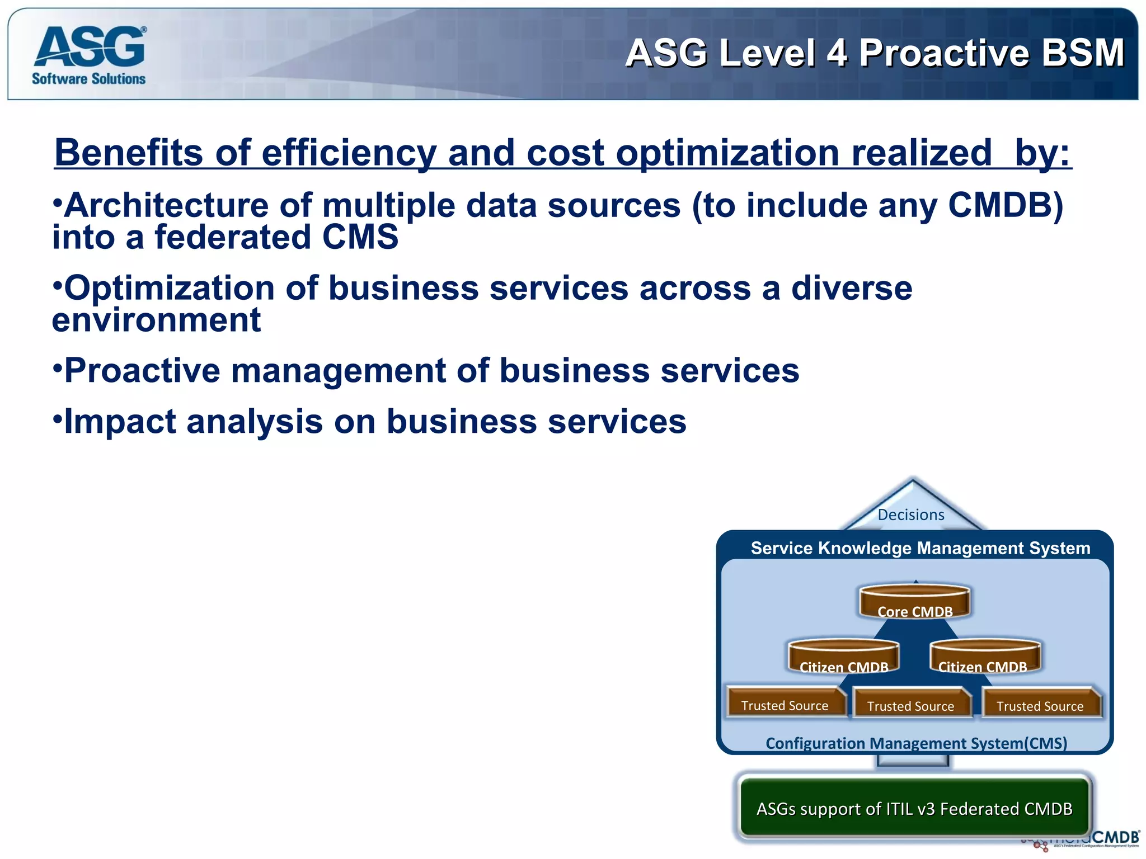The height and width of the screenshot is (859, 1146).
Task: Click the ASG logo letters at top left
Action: point(90,47)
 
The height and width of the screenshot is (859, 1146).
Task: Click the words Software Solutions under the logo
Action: point(88,79)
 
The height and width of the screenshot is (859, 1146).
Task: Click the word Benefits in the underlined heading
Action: point(129,153)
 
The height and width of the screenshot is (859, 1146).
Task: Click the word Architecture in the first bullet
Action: point(166,205)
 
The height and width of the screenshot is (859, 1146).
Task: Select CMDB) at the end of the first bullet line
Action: point(1005,205)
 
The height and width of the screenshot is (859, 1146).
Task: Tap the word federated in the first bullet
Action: point(233,237)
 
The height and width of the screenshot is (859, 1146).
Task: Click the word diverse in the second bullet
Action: point(851,288)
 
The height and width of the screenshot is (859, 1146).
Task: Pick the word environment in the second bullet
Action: point(157,320)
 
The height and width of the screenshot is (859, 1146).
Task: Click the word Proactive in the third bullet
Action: point(142,371)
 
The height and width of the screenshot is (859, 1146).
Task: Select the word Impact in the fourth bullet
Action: point(120,421)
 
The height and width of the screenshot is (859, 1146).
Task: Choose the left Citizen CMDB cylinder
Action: point(844,658)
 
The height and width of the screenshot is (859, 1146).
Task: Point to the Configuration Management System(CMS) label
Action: point(916,743)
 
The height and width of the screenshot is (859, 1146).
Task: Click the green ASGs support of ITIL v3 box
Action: point(914,808)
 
